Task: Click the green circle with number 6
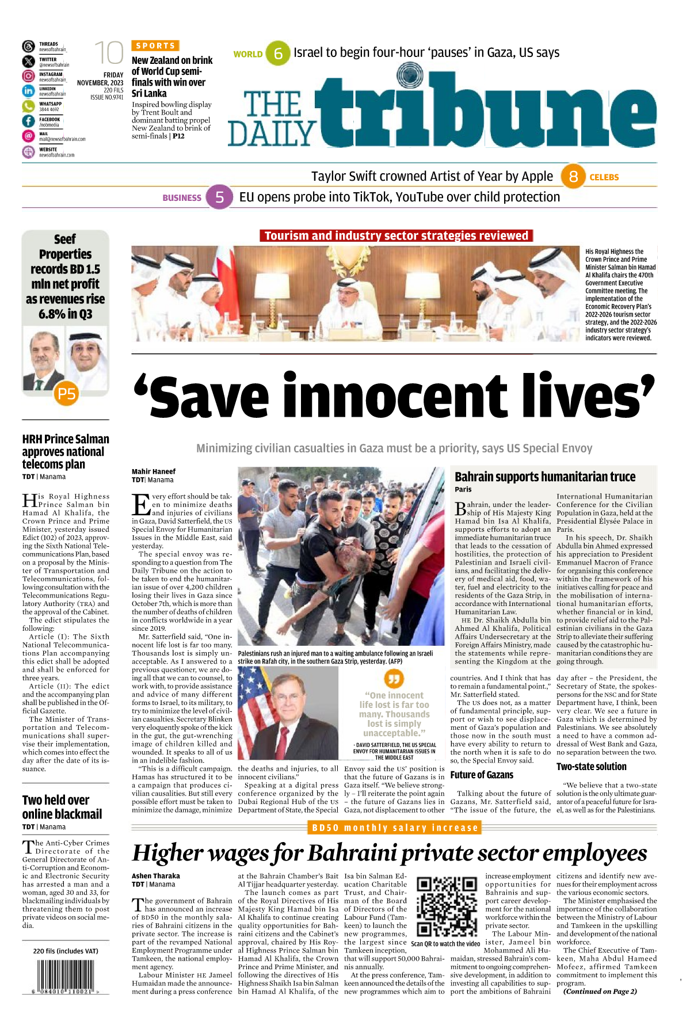pyautogui.click(x=278, y=54)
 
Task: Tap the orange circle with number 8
pyautogui.click(x=573, y=177)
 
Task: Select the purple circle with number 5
pyautogui.click(x=219, y=197)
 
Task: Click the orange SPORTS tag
pyautogui.click(x=155, y=45)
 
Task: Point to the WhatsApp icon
pyautogui.click(x=28, y=106)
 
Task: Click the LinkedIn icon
pyautogui.click(x=28, y=91)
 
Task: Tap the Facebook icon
pyautogui.click(x=28, y=121)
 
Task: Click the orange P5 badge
pyautogui.click(x=67, y=394)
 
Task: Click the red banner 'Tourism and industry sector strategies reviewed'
pyautogui.click(x=396, y=236)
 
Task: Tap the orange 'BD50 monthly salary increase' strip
pyautogui.click(x=395, y=828)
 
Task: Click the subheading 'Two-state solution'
pyautogui.click(x=591, y=767)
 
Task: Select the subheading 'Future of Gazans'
pyautogui.click(x=482, y=775)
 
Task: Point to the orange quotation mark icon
pyautogui.click(x=394, y=679)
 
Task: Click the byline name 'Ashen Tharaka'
pyautogui.click(x=156, y=876)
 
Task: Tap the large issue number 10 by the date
pyautogui.click(x=109, y=53)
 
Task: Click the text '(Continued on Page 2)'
pyautogui.click(x=600, y=991)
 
